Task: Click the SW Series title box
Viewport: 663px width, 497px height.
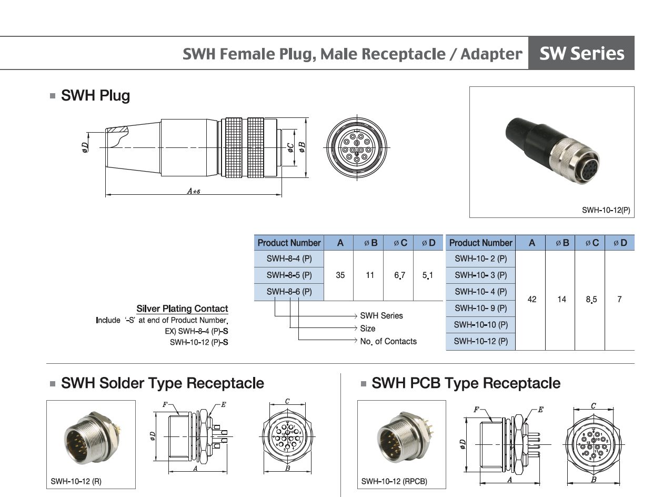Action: click(x=581, y=53)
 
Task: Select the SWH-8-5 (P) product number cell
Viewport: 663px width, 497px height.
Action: click(x=289, y=275)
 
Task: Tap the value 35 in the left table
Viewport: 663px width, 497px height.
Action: click(x=340, y=275)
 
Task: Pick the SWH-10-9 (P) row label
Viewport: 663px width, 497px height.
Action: click(x=480, y=308)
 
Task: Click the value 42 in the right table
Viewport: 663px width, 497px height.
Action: click(x=531, y=300)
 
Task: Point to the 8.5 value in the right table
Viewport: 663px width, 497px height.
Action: click(x=591, y=300)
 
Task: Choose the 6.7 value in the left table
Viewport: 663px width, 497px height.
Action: click(x=400, y=275)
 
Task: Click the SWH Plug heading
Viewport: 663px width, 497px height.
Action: click(x=95, y=96)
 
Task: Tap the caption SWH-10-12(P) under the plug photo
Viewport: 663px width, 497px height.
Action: click(x=606, y=210)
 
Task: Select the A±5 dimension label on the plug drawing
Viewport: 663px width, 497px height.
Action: click(x=194, y=191)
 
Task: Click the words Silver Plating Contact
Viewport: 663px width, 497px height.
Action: click(x=182, y=309)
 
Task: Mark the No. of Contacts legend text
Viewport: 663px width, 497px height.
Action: click(x=388, y=341)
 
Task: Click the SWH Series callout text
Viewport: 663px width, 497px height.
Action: click(x=381, y=316)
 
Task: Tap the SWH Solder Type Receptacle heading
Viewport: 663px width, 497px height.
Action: click(x=162, y=383)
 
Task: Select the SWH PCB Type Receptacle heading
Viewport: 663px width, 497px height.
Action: click(x=466, y=383)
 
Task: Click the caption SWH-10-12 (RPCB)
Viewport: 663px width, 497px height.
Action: click(x=394, y=481)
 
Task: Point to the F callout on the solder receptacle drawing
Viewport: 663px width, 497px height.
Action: click(x=165, y=405)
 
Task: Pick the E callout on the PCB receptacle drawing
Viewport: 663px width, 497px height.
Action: click(x=540, y=409)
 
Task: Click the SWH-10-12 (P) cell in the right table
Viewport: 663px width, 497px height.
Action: click(x=480, y=341)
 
